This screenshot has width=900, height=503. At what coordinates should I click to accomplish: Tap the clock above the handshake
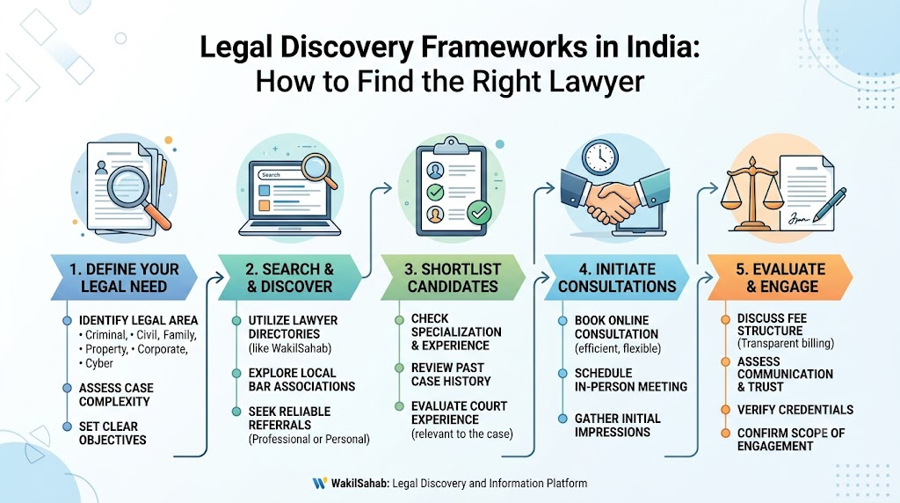coord(599,157)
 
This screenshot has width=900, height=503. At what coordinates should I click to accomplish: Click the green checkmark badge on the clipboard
coord(479,213)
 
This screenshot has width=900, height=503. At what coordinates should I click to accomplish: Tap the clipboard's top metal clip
coord(451,146)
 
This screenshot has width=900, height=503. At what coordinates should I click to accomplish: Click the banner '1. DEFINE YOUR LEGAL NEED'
coord(124,277)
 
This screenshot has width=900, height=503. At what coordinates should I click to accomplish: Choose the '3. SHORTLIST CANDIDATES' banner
coord(453,277)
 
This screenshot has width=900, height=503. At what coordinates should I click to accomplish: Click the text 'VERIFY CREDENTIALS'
coord(795,410)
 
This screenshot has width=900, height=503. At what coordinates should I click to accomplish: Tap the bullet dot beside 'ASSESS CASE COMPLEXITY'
coord(67,388)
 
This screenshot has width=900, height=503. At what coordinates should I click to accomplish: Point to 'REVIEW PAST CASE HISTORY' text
coord(451,375)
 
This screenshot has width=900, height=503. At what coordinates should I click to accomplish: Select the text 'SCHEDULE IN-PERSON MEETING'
coord(631,380)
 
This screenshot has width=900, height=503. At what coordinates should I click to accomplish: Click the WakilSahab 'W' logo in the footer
coord(320,484)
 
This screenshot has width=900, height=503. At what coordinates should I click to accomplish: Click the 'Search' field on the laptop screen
coord(279,175)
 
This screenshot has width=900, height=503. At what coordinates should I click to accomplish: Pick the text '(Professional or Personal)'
coord(308,440)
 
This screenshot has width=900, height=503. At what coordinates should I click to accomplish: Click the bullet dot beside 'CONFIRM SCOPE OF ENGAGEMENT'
coord(725,433)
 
